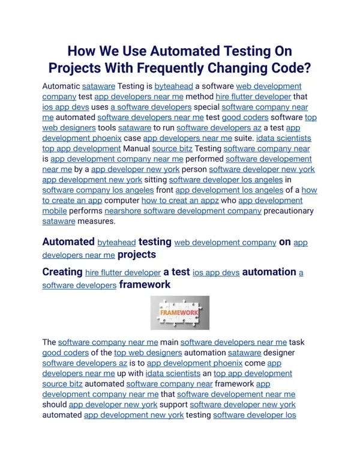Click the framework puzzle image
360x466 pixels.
tap(179, 312)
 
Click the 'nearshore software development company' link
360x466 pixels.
tap(183, 211)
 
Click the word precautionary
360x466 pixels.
tap(289, 211)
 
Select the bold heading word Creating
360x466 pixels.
tap(62, 272)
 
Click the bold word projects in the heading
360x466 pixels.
tap(136, 255)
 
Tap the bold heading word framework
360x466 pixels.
tap(145, 285)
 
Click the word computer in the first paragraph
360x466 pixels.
tap(122, 200)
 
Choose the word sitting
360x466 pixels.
tap(155, 180)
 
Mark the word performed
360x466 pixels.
tap(205, 159)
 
